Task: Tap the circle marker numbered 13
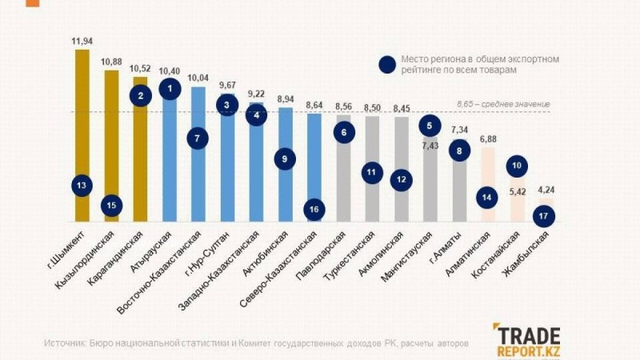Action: click(82, 186)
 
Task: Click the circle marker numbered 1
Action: click(169, 90)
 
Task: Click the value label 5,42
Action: click(518, 192)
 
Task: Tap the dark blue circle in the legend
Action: click(389, 65)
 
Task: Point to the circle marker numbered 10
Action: click(517, 166)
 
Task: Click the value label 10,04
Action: click(198, 78)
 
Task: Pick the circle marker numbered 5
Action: click(430, 125)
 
